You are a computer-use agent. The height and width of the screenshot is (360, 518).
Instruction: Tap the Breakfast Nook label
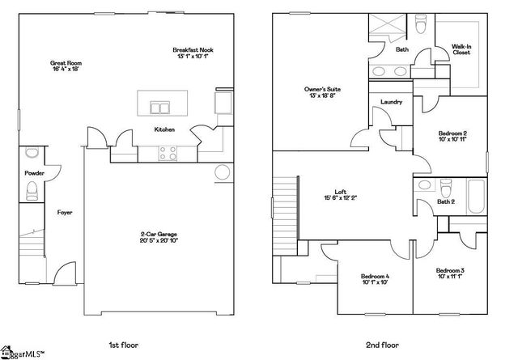point(192,53)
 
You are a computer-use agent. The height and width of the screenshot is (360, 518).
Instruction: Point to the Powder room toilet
point(32,191)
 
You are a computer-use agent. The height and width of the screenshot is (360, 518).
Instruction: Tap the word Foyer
point(65,213)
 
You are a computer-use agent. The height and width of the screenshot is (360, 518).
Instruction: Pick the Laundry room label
point(392,101)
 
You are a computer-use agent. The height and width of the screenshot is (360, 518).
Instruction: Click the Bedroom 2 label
point(453,136)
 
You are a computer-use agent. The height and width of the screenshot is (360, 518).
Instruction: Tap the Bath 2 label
point(446,201)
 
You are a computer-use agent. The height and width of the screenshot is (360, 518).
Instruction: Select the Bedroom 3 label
point(450,273)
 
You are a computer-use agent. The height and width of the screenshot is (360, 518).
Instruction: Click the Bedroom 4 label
point(375,279)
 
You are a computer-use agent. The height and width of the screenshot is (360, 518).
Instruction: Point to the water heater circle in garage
point(223,172)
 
